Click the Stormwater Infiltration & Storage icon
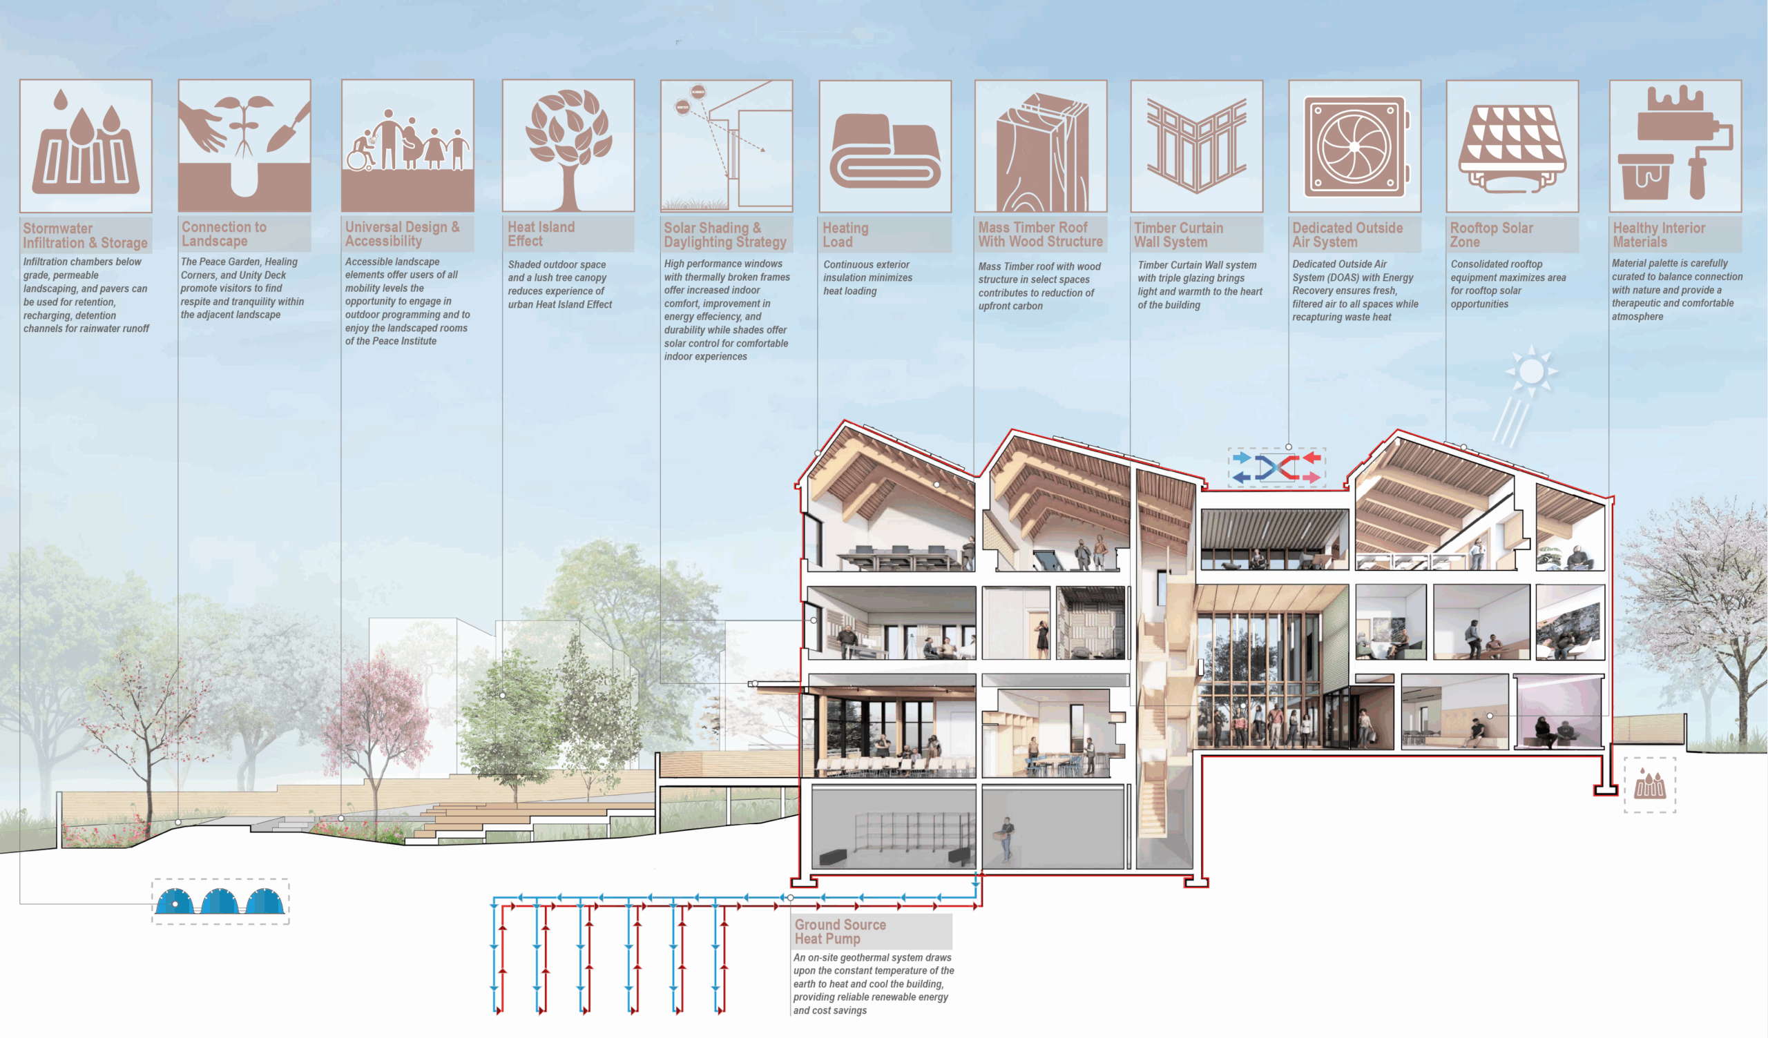[x=86, y=146]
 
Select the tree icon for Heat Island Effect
[x=568, y=146]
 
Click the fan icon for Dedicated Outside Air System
[x=1354, y=146]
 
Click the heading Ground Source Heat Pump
[x=840, y=932]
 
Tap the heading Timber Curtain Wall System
[x=1178, y=235]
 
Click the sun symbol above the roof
[x=1531, y=371]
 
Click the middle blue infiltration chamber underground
[x=220, y=901]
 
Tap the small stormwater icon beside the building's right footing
[x=1649, y=785]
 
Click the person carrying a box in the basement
[x=1008, y=838]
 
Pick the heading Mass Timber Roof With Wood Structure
[x=1040, y=234]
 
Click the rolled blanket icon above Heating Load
[x=885, y=150]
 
